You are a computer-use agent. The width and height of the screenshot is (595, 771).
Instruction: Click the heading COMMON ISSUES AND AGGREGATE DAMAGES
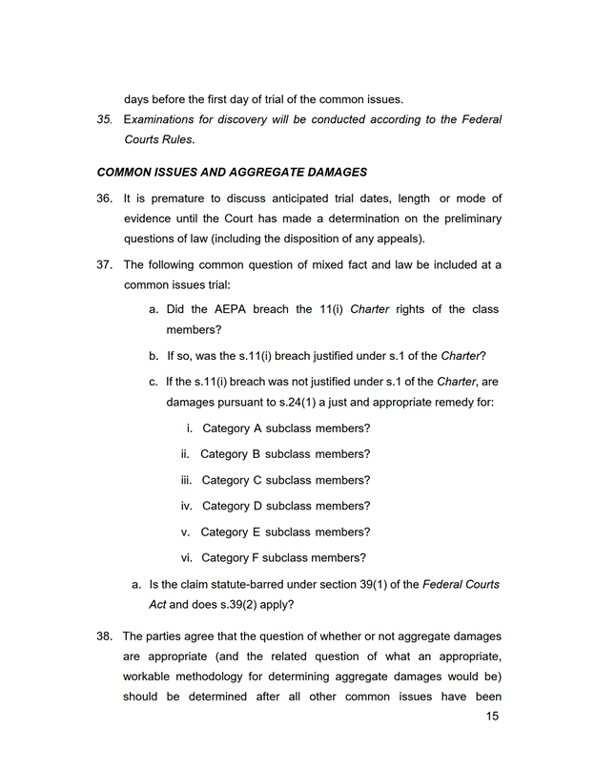pyautogui.click(x=232, y=173)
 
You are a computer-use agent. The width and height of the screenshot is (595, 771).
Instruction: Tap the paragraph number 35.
pyautogui.click(x=105, y=119)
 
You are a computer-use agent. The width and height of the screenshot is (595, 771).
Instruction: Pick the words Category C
pyautogui.click(x=233, y=480)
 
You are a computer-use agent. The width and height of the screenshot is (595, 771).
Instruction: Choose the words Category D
pyautogui.click(x=233, y=506)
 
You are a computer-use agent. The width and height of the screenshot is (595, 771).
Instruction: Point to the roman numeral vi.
pyautogui.click(x=187, y=558)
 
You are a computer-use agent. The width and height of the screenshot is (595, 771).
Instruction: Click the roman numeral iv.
pyautogui.click(x=187, y=506)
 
